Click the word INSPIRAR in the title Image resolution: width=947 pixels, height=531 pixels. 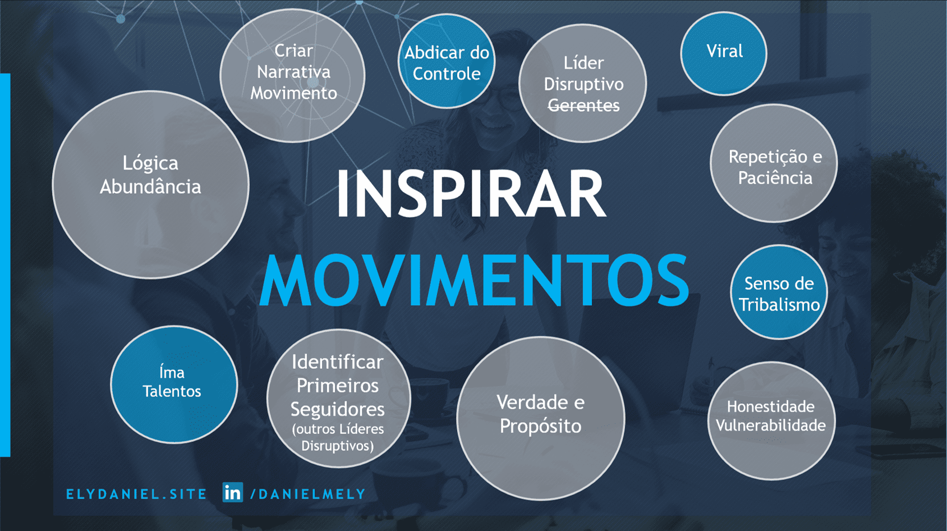click(471, 193)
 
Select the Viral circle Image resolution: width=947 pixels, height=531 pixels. click(724, 53)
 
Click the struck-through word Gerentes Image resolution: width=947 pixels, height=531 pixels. click(584, 106)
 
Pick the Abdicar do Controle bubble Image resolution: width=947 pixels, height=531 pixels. click(447, 61)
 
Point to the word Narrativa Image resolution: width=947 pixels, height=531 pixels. click(294, 72)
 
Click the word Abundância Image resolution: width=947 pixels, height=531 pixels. click(150, 186)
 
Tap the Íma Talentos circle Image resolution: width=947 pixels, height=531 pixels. click(174, 384)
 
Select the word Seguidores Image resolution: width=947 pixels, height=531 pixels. click(337, 409)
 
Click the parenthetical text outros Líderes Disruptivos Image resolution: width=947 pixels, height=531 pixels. click(338, 437)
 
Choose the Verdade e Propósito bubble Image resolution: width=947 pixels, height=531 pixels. click(541, 418)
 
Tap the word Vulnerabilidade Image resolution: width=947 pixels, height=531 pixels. click(771, 425)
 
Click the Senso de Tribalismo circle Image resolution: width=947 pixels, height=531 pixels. click(779, 292)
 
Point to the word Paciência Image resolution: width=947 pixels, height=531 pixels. click(775, 178)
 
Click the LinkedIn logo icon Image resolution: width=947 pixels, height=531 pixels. click(232, 492)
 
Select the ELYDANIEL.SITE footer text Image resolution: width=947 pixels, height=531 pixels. click(136, 494)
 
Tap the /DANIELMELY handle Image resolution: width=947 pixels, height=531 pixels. click(308, 494)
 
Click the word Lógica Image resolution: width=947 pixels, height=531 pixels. click(150, 163)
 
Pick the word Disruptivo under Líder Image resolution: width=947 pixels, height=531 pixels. click(584, 84)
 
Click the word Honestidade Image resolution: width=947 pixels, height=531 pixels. click(771, 406)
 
